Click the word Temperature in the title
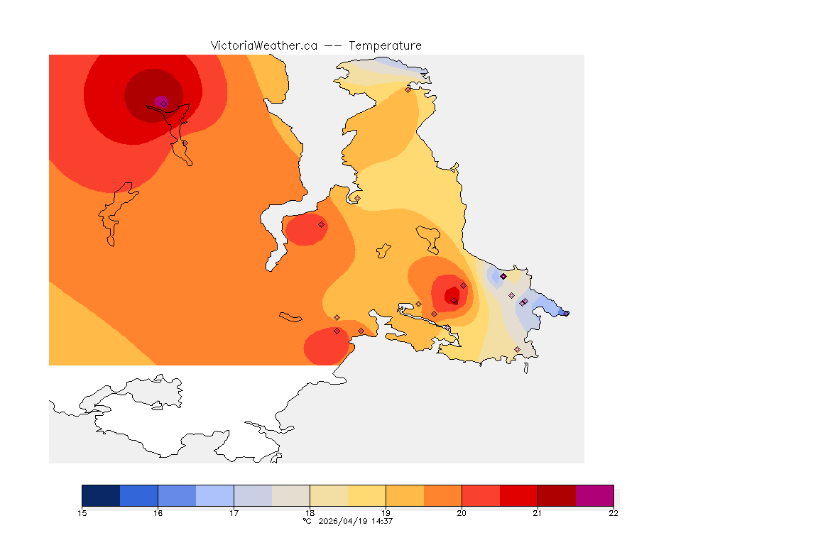385,45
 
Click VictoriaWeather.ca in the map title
263,45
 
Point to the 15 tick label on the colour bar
82,513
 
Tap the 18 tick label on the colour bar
310,513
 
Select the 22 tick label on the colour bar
613,513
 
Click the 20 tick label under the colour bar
462,513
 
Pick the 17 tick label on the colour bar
234,513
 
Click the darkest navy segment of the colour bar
101,495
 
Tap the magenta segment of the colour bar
594,495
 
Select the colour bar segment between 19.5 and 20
442,495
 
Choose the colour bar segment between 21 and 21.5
557,495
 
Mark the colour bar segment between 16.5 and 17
214,495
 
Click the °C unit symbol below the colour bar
307,521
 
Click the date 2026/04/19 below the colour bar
344,521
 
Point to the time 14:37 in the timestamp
382,521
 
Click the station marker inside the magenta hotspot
163,104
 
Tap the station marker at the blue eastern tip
566,313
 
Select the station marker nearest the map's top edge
408,89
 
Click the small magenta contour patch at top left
160,101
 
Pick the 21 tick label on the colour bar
538,513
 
